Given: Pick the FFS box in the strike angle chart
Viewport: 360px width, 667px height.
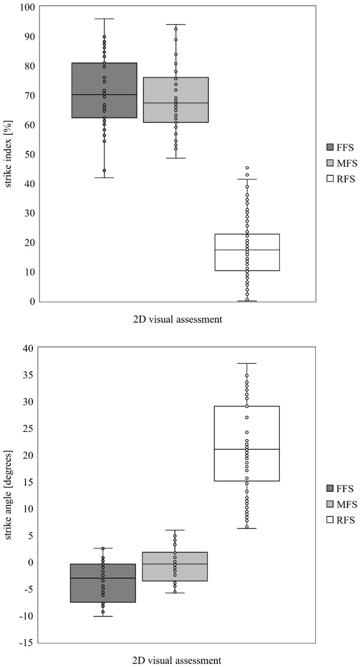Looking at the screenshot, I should click(x=118, y=583).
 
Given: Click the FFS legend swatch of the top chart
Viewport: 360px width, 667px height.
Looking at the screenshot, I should click(x=330, y=146).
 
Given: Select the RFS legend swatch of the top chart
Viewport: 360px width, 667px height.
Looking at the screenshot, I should click(x=330, y=179).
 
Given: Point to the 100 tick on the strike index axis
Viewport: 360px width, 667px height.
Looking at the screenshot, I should click(x=27, y=7).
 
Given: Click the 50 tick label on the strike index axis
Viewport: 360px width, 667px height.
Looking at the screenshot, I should click(x=29, y=154).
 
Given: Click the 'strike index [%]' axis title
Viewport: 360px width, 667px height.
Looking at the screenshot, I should click(x=8, y=154).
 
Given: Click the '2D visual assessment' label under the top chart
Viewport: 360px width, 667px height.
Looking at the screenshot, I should click(x=177, y=320).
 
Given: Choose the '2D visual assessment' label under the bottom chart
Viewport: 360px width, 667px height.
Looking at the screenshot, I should click(x=177, y=660).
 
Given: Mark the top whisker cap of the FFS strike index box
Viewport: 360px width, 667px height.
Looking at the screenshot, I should click(x=104, y=19).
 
